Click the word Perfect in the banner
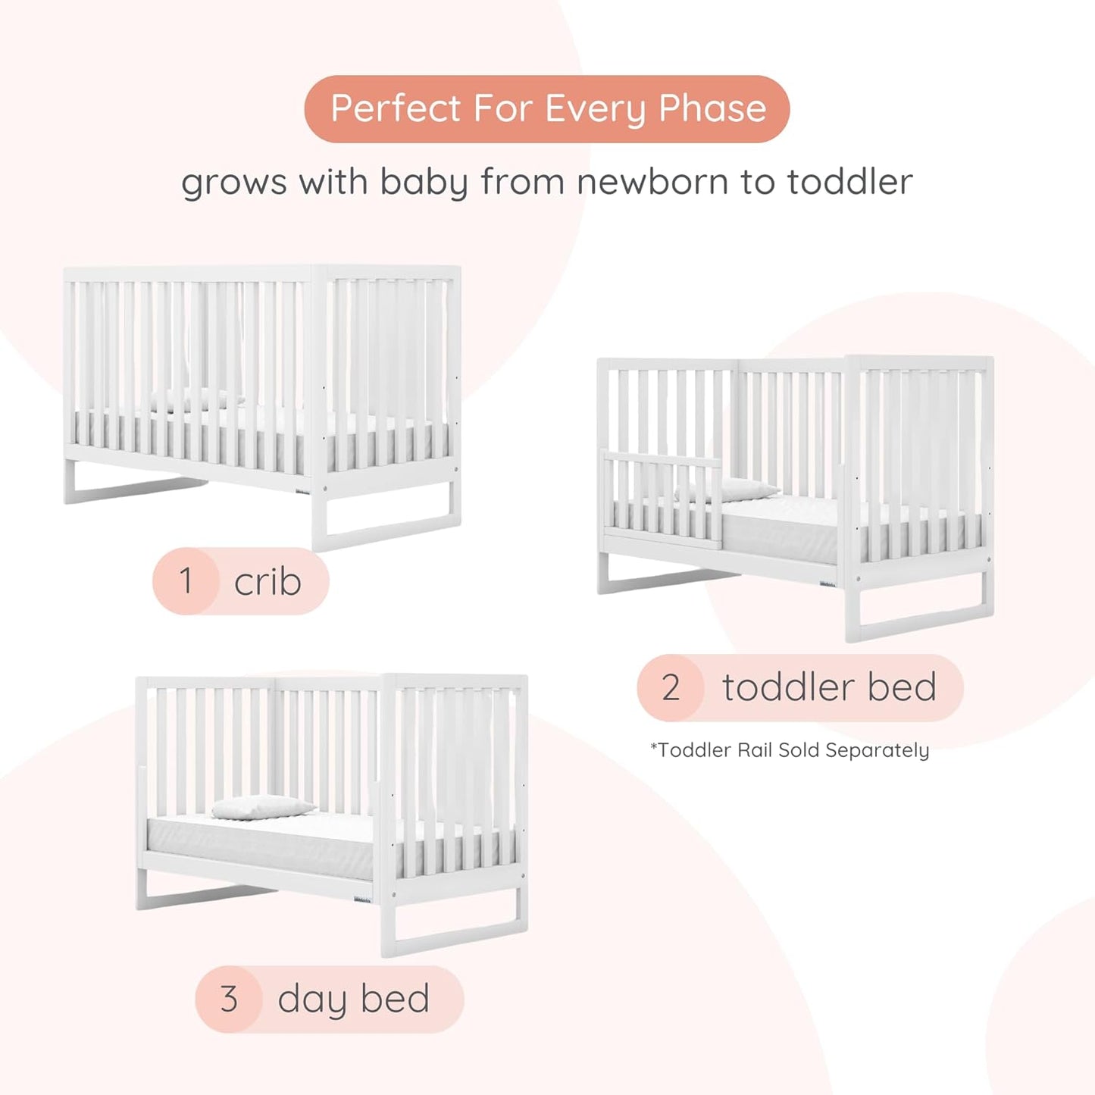pos(396,108)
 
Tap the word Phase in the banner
pos(712,108)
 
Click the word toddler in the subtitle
pos(849,182)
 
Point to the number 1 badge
pos(186,581)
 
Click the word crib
pos(267,582)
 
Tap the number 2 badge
pos(671,687)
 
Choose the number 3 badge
pos(229,999)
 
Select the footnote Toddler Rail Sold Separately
pos(790,750)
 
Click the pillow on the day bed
pos(262,808)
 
